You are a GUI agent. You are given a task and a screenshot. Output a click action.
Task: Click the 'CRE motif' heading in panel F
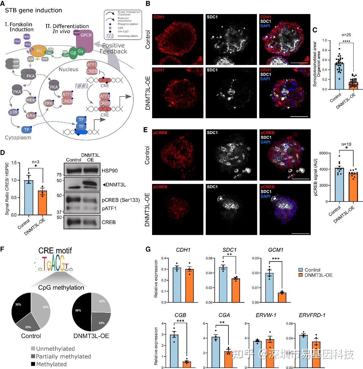click(x=55, y=250)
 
